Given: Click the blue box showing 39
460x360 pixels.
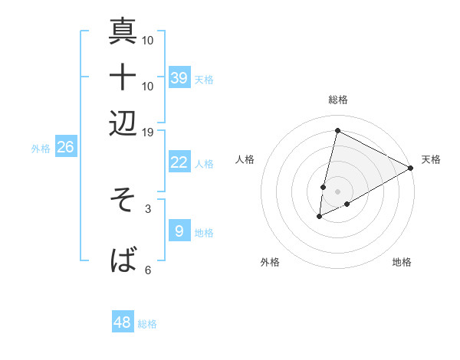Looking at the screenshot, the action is pos(179,78).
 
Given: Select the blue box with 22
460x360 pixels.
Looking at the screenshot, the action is pos(179,162).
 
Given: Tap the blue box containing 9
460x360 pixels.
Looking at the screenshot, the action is pos(179,231).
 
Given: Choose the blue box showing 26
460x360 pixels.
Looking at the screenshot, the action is pos(65,148).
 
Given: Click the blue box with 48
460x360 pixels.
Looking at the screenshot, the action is pos(123,322).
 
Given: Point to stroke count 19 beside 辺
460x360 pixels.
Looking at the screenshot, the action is pos(148,132).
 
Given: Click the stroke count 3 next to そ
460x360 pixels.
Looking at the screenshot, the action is pos(148,208).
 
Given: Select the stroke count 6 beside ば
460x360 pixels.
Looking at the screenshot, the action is pos(148,270).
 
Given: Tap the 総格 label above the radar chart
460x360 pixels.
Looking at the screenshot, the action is pos(337,100).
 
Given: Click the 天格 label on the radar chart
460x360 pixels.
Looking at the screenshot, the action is pos(431,159).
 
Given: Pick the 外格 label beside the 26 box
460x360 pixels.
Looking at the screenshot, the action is pos(41,149).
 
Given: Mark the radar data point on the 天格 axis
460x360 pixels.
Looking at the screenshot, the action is pos(411,168).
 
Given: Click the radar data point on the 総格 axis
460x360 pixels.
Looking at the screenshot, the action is pos(337,130).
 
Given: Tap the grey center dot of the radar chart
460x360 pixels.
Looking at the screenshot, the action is pos(337,191).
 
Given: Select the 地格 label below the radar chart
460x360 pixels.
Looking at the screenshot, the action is pos(402,262).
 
